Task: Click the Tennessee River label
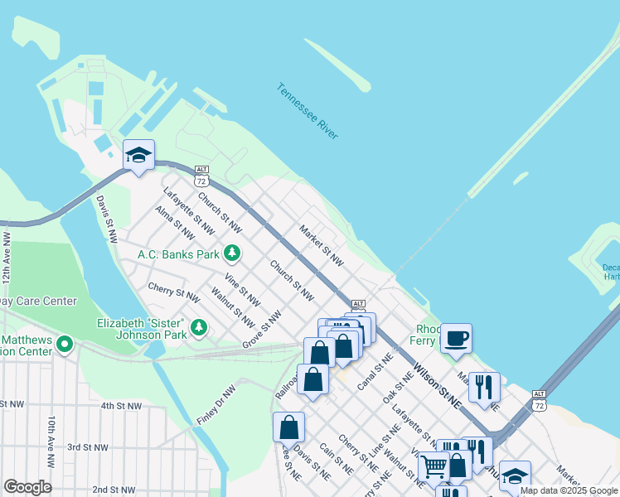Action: point(308,111)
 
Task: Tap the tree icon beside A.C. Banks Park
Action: point(235,252)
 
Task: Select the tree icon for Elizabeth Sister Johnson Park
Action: point(199,328)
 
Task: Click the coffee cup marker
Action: point(456,338)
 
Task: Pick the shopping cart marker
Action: point(433,467)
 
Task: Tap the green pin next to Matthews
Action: point(65,344)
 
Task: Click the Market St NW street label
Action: point(322,246)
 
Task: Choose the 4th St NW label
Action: point(121,407)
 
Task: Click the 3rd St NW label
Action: point(88,447)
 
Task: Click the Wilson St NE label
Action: point(437,388)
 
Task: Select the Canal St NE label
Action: point(375,373)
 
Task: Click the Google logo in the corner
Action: point(28,487)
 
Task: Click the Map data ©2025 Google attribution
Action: point(569,490)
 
